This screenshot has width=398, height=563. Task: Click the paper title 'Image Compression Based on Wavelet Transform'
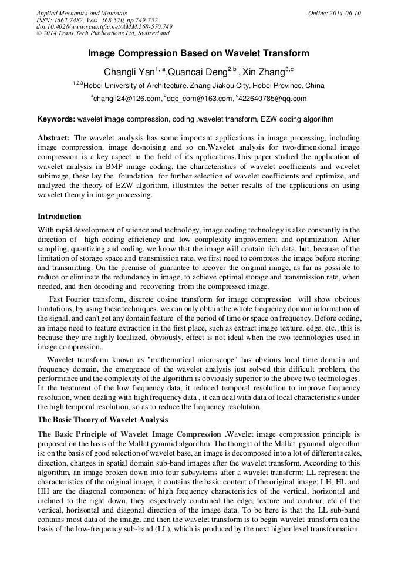[x=198, y=53]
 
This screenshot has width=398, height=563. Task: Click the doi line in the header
[x=104, y=27]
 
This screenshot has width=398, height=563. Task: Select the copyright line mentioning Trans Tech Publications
[x=103, y=33]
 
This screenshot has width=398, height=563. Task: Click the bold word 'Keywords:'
[x=56, y=119]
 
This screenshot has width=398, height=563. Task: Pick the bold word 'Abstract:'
[x=55, y=138]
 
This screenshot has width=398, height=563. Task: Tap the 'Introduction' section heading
[x=59, y=217]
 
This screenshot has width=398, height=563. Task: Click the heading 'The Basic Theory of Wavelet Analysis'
[x=103, y=420]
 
